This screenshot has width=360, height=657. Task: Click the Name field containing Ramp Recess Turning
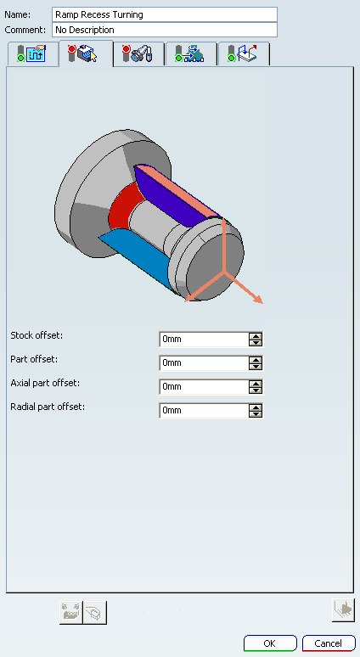(x=164, y=14)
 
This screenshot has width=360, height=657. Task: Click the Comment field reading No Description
(x=164, y=30)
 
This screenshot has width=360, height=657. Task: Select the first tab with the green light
(x=33, y=53)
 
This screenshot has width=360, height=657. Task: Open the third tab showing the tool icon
(x=138, y=53)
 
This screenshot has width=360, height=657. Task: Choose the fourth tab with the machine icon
(x=191, y=53)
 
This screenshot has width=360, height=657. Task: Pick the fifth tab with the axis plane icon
(x=244, y=53)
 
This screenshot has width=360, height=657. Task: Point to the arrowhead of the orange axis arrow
(x=259, y=299)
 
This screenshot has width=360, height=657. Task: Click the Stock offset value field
(x=204, y=339)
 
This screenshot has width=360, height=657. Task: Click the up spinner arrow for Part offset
(x=255, y=359)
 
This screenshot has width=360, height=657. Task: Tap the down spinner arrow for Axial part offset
(x=255, y=390)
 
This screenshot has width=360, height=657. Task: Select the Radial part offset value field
(x=204, y=410)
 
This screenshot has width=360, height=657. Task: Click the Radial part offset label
(x=48, y=407)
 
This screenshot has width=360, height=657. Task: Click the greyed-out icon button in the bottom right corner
(x=343, y=609)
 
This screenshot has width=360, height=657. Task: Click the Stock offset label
(x=37, y=335)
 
